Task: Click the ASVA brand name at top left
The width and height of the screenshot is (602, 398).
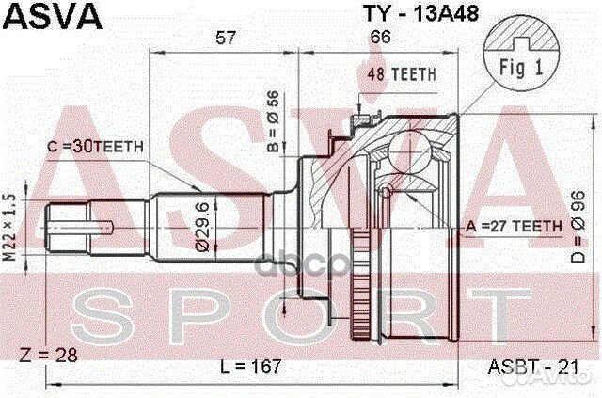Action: tap(42, 16)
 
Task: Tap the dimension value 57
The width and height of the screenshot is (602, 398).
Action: tap(225, 38)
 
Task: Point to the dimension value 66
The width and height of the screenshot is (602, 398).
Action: tap(380, 38)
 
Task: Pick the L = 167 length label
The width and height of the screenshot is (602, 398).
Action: tap(254, 365)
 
